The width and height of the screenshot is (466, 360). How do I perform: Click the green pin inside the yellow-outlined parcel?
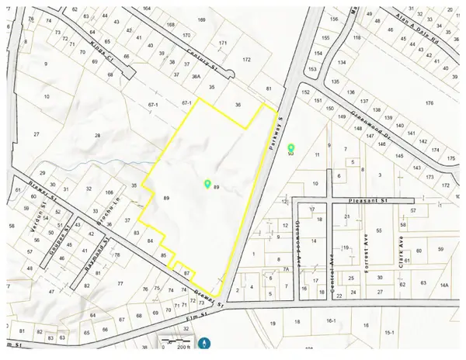[207, 184]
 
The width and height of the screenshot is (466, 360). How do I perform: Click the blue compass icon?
[205, 342]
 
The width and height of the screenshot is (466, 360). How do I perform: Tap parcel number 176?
[429, 103]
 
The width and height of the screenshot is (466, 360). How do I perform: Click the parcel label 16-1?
[331, 320]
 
